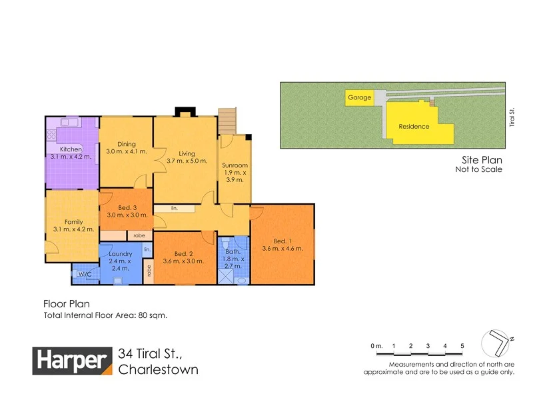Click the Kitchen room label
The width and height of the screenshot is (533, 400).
click(x=71, y=149)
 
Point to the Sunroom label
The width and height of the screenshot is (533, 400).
click(x=235, y=165)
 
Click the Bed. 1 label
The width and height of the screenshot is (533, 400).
click(x=282, y=241)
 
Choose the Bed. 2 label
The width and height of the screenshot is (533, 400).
click(x=183, y=253)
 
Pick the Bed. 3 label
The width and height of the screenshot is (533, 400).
click(x=126, y=207)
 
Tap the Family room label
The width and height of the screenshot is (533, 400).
click(x=73, y=222)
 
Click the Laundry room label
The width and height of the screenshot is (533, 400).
click(x=121, y=253)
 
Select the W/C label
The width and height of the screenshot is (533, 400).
click(x=85, y=274)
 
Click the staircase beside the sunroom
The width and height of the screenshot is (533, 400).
click(x=228, y=121)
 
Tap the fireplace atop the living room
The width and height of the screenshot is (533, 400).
click(x=182, y=111)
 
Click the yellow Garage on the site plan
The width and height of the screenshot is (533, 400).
click(x=359, y=98)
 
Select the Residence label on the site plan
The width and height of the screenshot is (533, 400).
click(x=414, y=127)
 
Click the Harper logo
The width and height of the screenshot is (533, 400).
click(x=73, y=361)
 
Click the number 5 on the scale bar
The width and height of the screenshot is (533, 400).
click(x=462, y=346)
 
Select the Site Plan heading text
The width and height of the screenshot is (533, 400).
click(x=482, y=160)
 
